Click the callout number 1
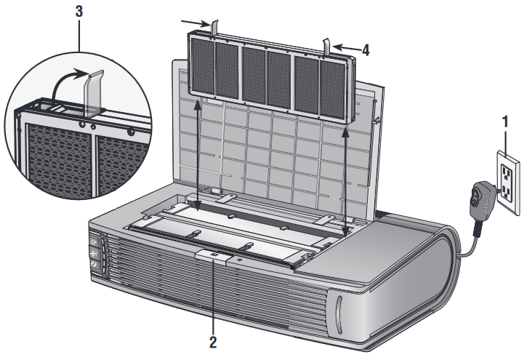point(505,121)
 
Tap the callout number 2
point(213,343)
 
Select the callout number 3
point(79,12)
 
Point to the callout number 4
point(366,50)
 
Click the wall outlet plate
point(508,183)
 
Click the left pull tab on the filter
point(214,28)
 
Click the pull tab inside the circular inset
point(94,92)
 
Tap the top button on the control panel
point(94,241)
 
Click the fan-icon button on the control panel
point(94,252)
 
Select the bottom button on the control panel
point(95,265)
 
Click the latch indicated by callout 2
point(214,256)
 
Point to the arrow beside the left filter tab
point(196,23)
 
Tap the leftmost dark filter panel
point(203,66)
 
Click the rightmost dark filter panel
point(332,89)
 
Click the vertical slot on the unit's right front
point(339,315)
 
